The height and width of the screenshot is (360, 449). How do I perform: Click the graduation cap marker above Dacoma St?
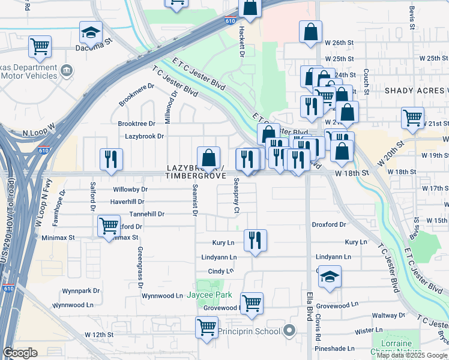coord(91,31)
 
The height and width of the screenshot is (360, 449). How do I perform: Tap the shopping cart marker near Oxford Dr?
coord(108,226)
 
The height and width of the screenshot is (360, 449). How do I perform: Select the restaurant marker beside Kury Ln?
coord(255,240)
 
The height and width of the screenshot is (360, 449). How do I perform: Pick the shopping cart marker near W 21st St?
coord(412,118)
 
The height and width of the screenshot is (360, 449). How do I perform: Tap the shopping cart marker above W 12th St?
coord(207,328)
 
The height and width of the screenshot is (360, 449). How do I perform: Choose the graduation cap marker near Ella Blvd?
coord(330,277)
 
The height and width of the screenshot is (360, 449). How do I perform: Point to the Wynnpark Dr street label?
coord(80,291)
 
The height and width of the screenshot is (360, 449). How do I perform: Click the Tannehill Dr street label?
coord(146,214)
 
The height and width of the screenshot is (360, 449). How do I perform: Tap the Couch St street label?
coord(365,77)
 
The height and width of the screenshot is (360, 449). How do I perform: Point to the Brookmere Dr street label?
coord(136,94)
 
